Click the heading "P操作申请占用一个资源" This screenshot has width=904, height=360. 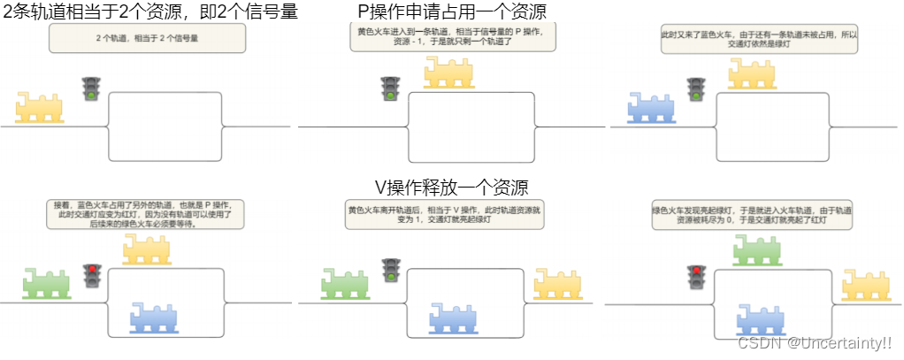[452, 11]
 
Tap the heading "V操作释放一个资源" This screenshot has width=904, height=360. [452, 188]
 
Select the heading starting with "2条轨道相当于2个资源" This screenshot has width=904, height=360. [150, 11]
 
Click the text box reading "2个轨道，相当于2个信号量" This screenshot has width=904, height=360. [147, 39]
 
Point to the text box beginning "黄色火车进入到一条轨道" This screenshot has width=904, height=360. [450, 37]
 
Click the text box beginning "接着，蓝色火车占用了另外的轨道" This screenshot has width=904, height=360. [147, 215]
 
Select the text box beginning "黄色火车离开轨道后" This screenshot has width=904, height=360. [444, 215]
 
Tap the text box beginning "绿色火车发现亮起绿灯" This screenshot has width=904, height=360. [752, 215]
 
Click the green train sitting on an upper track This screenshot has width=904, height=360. [757, 249]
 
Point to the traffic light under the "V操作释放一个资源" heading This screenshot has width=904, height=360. [390, 271]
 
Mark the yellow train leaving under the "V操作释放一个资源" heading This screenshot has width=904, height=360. [557, 282]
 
